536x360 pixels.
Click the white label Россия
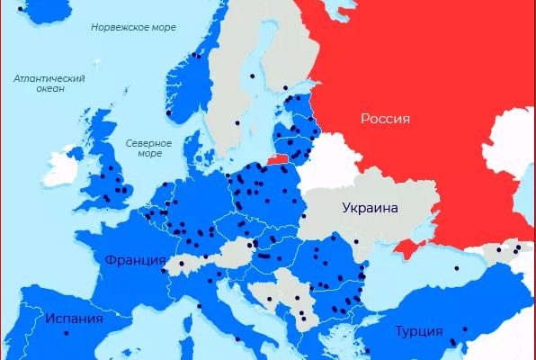[385, 118]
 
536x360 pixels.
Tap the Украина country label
[369, 208]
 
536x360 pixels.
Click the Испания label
[75, 319]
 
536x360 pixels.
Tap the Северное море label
[143, 148]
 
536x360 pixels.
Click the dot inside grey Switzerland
[183, 264]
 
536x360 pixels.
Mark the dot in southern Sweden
[238, 122]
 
